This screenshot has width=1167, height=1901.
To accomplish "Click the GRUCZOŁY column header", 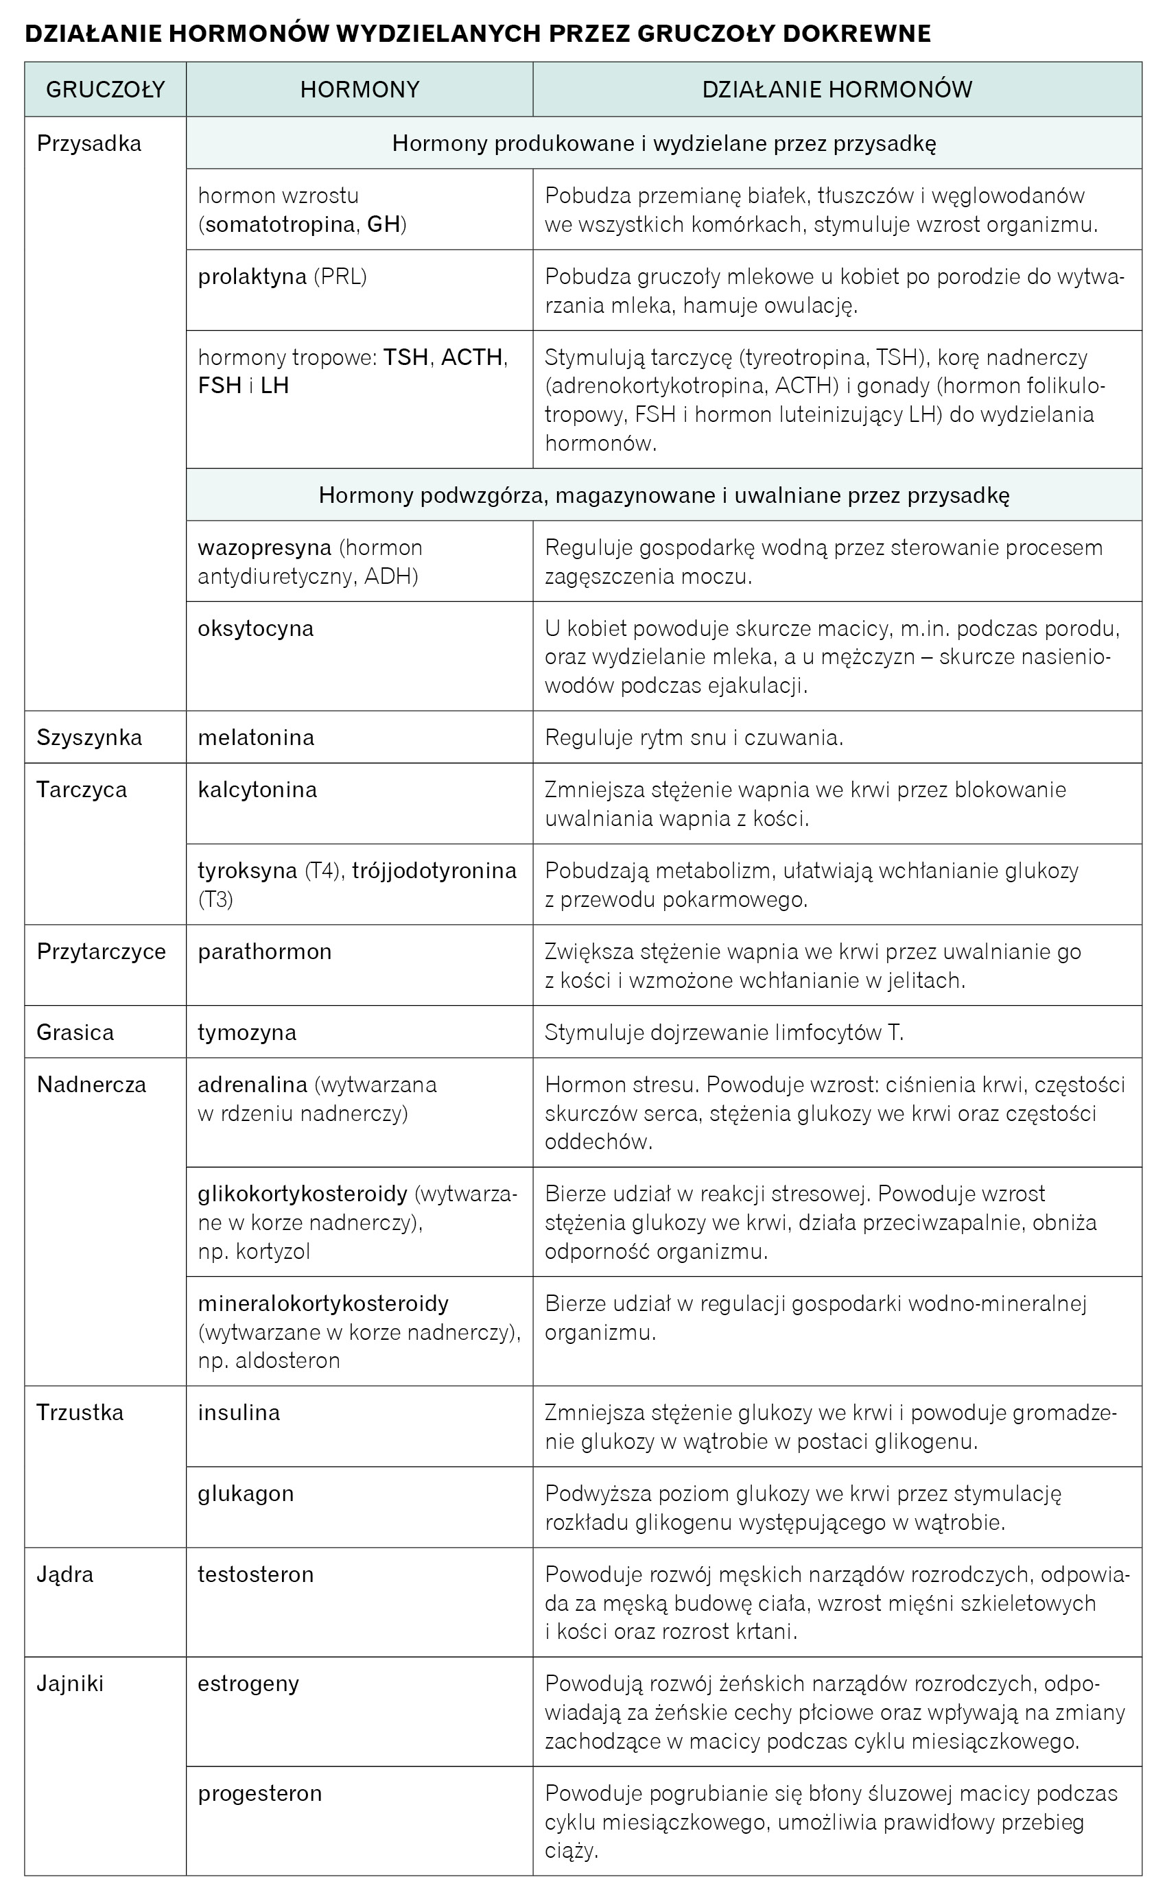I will (106, 90).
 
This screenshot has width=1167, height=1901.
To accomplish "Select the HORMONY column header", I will (359, 90).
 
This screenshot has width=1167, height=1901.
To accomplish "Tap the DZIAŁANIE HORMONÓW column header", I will (837, 90).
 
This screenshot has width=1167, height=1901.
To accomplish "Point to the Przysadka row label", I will (89, 144).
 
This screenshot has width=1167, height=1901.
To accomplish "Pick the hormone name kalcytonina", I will (258, 790).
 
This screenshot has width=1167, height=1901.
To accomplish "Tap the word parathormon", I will (265, 952).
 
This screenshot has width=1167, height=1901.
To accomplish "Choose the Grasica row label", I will (75, 1032).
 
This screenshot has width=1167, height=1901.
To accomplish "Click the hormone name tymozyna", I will (247, 1032).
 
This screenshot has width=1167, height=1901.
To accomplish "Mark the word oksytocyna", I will (255, 628).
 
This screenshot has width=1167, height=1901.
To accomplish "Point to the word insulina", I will (239, 1413).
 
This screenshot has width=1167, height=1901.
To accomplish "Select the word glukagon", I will (246, 1493).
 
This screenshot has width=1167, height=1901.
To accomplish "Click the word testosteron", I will (255, 1574).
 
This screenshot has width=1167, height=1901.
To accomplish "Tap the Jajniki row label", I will (70, 1684).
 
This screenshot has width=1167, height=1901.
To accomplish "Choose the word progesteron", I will (260, 1793).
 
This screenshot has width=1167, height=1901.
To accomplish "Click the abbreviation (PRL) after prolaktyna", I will (340, 276).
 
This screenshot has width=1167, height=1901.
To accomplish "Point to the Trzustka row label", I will (80, 1413).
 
